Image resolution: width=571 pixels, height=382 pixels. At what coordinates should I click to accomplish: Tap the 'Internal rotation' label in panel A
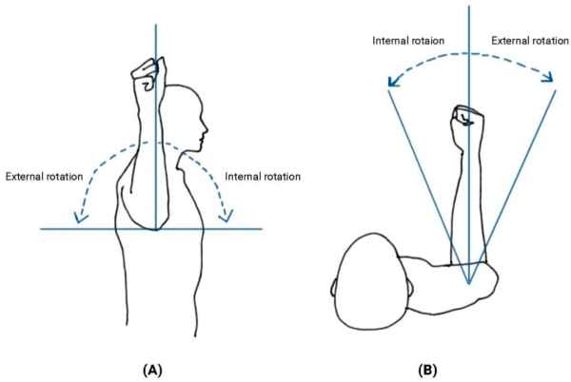[x=264, y=177]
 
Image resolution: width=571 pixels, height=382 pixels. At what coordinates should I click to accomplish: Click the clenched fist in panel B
[x=467, y=120]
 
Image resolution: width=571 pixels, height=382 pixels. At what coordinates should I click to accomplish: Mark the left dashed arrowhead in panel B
[x=390, y=87]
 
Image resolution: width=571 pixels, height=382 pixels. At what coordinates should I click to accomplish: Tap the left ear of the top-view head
[x=332, y=282]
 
